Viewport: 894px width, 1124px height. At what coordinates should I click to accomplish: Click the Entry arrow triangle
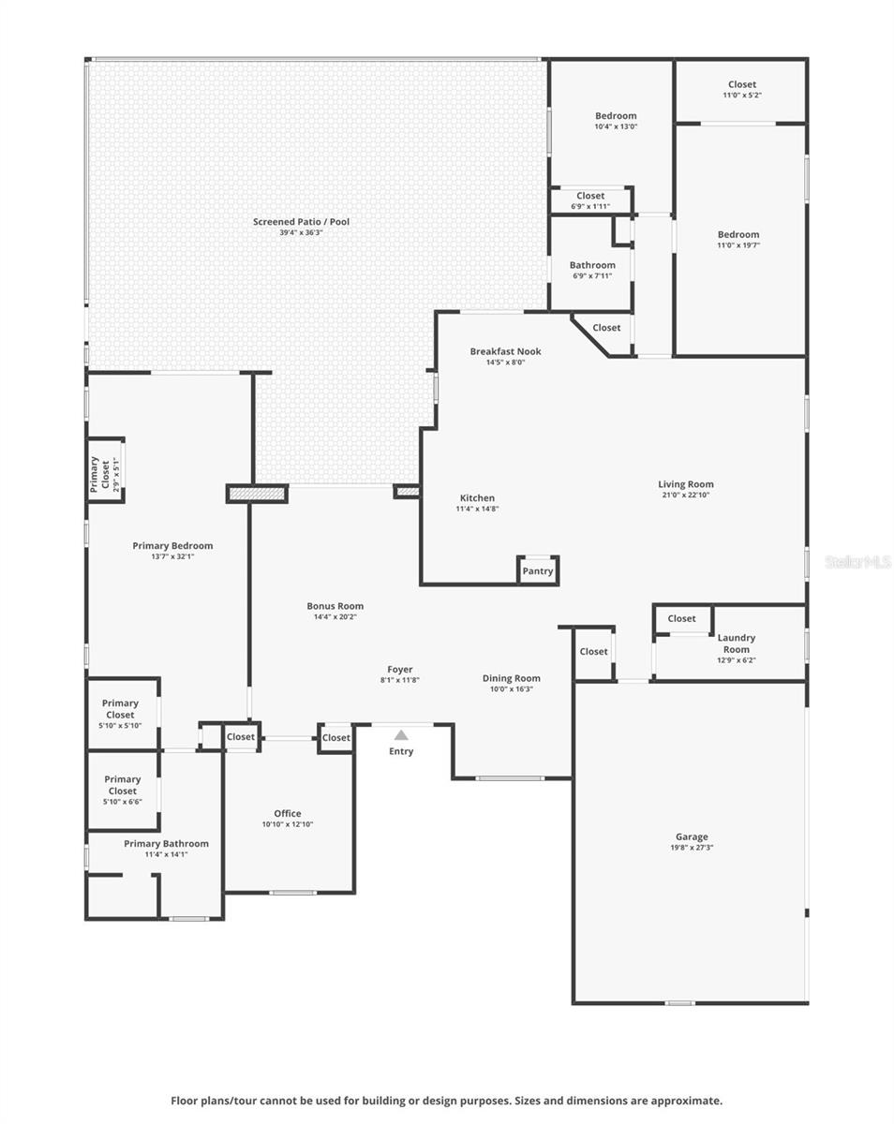pyautogui.click(x=401, y=735)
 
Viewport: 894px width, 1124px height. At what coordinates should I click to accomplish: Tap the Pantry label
pyautogui.click(x=538, y=571)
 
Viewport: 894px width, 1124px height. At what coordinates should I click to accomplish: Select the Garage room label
pyautogui.click(x=692, y=836)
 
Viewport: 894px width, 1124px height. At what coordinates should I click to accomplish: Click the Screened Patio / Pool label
pyautogui.click(x=301, y=222)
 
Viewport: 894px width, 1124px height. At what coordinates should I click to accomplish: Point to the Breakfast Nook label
pyautogui.click(x=505, y=351)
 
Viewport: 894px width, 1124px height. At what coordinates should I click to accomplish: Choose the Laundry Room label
pyautogui.click(x=736, y=643)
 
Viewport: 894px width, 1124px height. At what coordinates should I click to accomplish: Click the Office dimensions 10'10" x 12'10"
pyautogui.click(x=287, y=824)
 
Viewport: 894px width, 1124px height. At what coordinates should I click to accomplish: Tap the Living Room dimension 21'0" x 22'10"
pyautogui.click(x=685, y=495)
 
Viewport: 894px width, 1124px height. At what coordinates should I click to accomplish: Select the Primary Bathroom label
pyautogui.click(x=166, y=844)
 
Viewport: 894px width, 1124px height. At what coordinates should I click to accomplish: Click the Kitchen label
pyautogui.click(x=477, y=498)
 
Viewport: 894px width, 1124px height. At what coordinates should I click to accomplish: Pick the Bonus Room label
pyautogui.click(x=335, y=606)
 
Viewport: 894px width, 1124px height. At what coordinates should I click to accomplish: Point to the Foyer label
pyautogui.click(x=400, y=670)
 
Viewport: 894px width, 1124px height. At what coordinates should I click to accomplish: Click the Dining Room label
pyautogui.click(x=511, y=678)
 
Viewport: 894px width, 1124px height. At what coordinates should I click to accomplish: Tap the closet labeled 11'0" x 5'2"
pyautogui.click(x=741, y=95)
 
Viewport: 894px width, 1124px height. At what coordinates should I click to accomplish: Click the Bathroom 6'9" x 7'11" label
pyautogui.click(x=592, y=265)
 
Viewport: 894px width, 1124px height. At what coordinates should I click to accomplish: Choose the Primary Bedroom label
pyautogui.click(x=172, y=545)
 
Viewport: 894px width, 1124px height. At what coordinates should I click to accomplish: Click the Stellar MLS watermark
pyautogui.click(x=857, y=562)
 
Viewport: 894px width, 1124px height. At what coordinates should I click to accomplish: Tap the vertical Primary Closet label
pyautogui.click(x=95, y=475)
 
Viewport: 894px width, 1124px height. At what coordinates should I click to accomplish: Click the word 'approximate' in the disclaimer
pyautogui.click(x=683, y=1101)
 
